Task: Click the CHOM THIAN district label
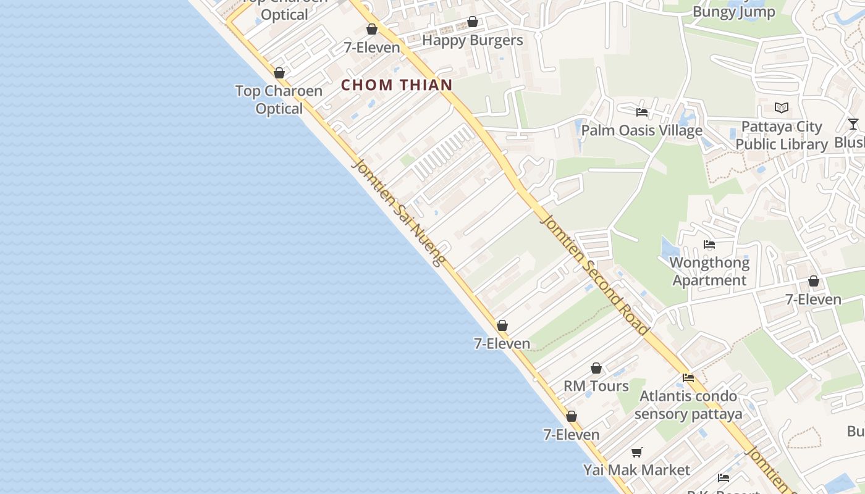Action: [x=397, y=85]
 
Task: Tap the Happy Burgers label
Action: [x=472, y=41]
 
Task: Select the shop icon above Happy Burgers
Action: [x=473, y=22]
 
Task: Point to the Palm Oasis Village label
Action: [x=641, y=130]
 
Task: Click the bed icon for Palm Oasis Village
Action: [x=642, y=112]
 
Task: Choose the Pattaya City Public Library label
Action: [x=782, y=135]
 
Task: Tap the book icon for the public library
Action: [x=782, y=108]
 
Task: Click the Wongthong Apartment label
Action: [x=709, y=271]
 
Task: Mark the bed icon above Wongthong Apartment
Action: [x=709, y=245]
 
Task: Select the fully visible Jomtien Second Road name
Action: [x=595, y=275]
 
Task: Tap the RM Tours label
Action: [x=596, y=386]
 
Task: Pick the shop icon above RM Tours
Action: [x=596, y=369]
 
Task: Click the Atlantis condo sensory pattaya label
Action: [x=688, y=404]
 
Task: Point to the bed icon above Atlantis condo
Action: [x=688, y=378]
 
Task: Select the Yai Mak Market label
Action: [x=636, y=470]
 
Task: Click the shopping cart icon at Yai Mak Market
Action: [x=637, y=452]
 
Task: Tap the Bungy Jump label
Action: [x=733, y=12]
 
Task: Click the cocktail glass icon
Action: [x=853, y=124]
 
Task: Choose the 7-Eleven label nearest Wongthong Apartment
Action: [x=813, y=299]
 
